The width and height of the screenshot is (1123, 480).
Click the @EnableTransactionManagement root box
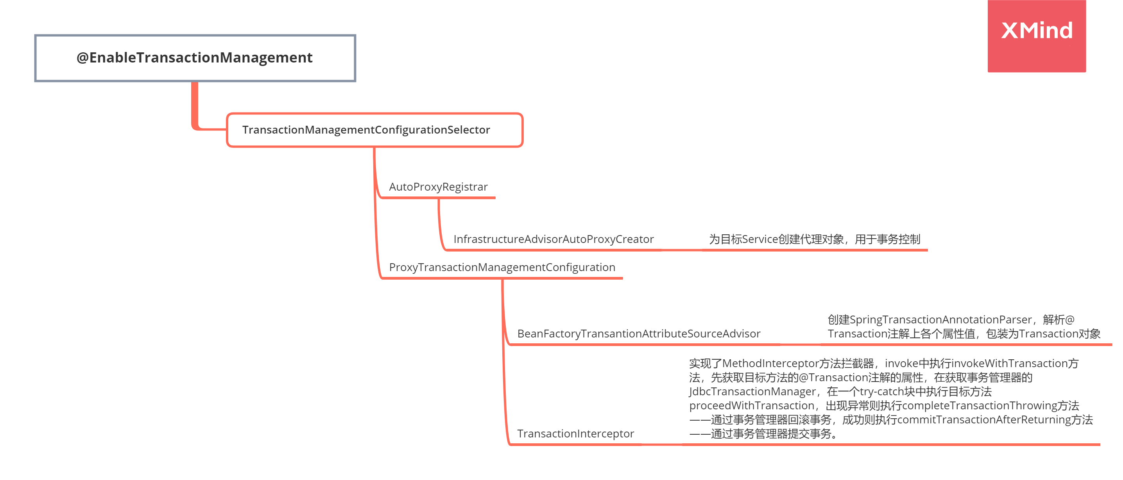click(x=195, y=58)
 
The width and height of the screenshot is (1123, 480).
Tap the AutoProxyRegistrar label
click(x=438, y=187)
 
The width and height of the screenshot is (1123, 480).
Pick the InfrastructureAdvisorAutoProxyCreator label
click(x=553, y=239)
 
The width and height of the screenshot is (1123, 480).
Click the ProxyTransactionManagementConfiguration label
click(x=502, y=267)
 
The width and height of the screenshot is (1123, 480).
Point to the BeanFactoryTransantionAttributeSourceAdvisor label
click(x=638, y=334)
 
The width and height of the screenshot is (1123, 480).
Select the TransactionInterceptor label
click(x=575, y=434)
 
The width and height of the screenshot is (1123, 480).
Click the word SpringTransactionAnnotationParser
click(x=940, y=320)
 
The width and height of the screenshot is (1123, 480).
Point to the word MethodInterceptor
click(x=770, y=363)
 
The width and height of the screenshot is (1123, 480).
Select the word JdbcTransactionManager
click(x=752, y=392)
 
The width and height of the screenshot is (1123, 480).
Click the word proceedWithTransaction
click(x=751, y=405)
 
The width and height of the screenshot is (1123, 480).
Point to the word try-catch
click(x=881, y=392)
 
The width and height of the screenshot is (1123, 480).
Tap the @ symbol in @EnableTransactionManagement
click(x=82, y=57)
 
